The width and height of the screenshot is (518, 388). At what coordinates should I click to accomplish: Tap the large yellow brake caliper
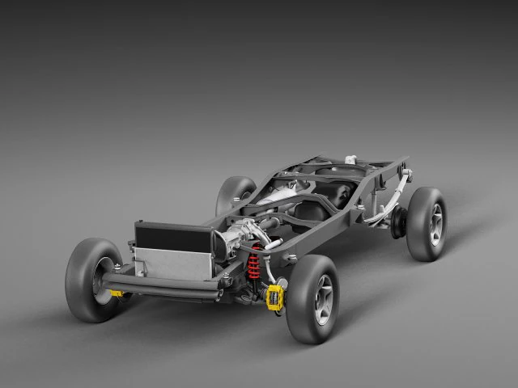point(275,297)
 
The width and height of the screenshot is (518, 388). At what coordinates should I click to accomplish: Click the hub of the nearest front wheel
point(324,299)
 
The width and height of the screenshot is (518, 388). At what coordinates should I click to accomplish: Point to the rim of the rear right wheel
point(436,224)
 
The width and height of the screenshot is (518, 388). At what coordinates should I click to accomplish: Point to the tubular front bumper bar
point(162,285)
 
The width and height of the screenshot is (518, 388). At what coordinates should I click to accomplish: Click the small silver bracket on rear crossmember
point(349,158)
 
